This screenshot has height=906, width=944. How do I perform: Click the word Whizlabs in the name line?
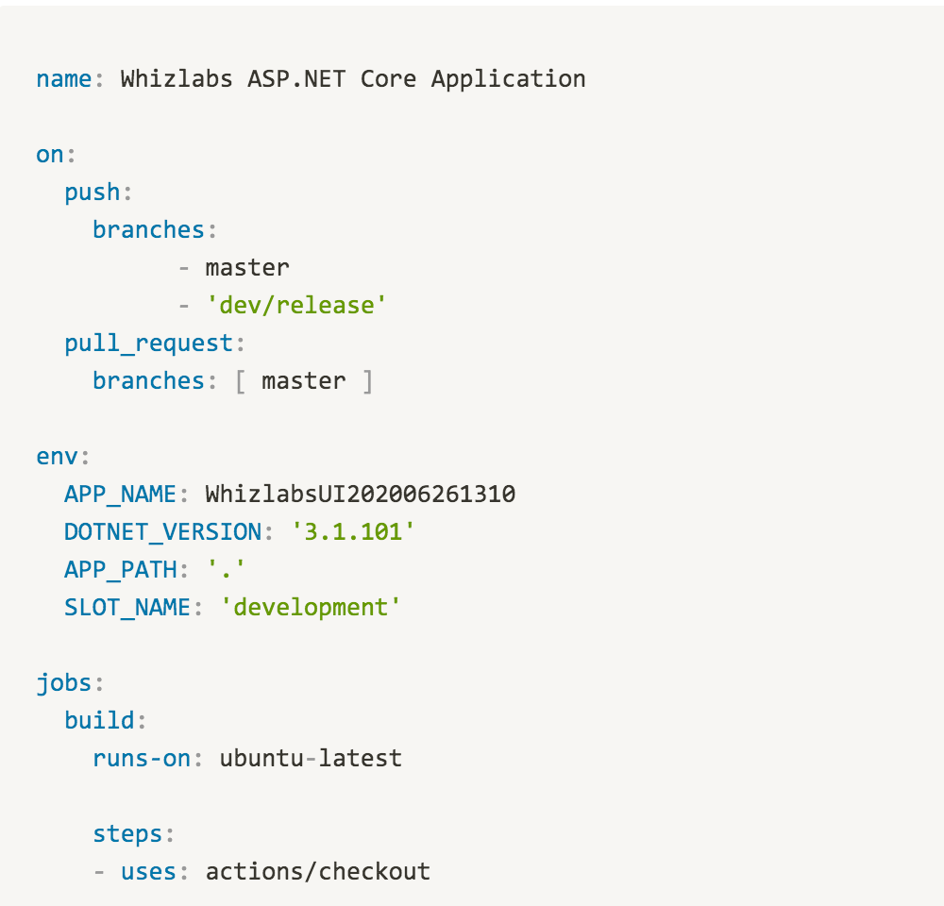(x=177, y=79)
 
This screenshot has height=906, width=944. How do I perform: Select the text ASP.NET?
(x=296, y=79)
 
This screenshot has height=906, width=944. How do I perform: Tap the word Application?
(x=508, y=80)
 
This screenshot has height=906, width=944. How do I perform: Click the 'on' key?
(x=50, y=155)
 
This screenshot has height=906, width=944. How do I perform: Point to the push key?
(x=93, y=193)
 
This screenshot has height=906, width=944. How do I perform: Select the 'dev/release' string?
(x=295, y=305)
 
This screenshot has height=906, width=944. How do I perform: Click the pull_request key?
(x=149, y=344)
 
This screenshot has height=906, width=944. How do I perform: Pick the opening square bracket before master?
(x=241, y=381)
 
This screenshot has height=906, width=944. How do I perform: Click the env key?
(x=57, y=457)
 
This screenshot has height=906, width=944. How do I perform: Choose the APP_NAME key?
(x=120, y=495)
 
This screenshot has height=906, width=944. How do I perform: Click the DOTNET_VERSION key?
(x=162, y=532)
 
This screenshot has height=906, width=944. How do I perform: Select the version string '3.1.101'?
(x=353, y=532)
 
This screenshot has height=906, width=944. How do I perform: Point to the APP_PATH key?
(x=121, y=570)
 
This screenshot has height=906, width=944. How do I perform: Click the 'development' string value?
(x=310, y=608)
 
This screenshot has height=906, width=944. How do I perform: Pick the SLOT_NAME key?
(x=127, y=608)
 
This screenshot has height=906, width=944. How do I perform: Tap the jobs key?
(x=64, y=683)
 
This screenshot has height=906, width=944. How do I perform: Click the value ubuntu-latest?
(x=311, y=759)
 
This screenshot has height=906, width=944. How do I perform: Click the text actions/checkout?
(x=318, y=872)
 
